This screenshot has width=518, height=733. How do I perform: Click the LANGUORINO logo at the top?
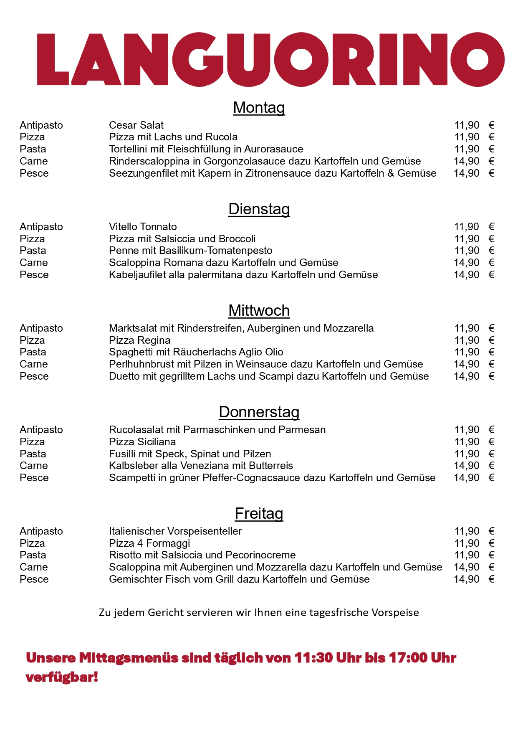click(270, 59)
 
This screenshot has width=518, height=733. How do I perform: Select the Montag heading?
click(259, 108)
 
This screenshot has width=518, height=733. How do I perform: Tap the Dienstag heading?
click(259, 209)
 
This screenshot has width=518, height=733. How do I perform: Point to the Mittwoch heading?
click(259, 311)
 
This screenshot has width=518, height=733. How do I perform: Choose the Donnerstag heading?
click(259, 412)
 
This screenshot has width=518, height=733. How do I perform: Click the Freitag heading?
click(259, 514)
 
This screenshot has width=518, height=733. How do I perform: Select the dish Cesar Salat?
click(136, 125)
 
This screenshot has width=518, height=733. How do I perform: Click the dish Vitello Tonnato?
click(143, 227)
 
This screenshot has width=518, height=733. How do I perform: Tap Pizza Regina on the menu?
click(139, 340)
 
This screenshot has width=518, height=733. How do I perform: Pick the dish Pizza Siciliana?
click(142, 442)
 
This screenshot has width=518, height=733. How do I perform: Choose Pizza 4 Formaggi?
click(149, 543)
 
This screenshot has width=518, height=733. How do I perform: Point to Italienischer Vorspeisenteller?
click(175, 531)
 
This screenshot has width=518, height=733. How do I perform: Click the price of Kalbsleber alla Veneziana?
click(467, 466)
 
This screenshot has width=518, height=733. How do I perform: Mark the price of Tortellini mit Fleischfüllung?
click(467, 149)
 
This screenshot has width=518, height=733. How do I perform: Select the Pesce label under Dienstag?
click(34, 275)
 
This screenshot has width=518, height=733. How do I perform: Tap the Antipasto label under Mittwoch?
click(41, 328)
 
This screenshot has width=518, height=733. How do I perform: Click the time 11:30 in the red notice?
click(313, 658)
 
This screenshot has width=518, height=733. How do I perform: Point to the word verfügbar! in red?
click(62, 677)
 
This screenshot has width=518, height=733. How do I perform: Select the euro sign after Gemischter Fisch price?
click(491, 579)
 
